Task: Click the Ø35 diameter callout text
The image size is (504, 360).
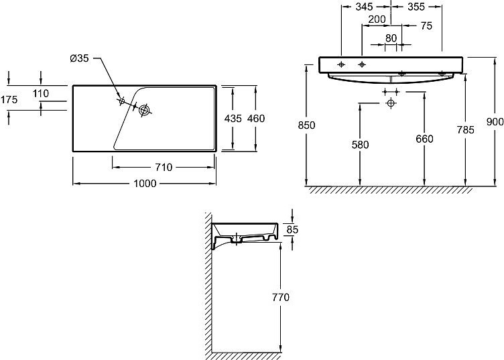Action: (x=79, y=58)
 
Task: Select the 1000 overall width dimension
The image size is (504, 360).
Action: (x=145, y=184)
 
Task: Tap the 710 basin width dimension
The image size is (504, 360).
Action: (x=164, y=167)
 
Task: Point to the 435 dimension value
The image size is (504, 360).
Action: (x=233, y=119)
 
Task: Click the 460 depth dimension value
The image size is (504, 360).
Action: (x=256, y=119)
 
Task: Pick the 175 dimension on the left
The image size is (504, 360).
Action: (x=9, y=100)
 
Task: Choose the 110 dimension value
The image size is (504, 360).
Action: (x=41, y=94)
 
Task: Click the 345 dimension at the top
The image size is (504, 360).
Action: (x=364, y=7)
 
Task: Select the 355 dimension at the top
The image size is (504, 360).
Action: (x=416, y=7)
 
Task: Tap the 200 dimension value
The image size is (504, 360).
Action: (x=377, y=19)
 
